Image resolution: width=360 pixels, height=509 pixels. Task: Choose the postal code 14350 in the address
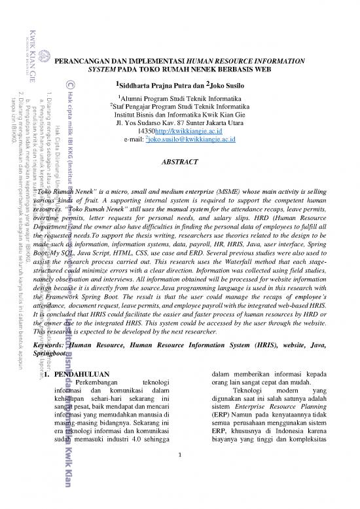158,130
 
